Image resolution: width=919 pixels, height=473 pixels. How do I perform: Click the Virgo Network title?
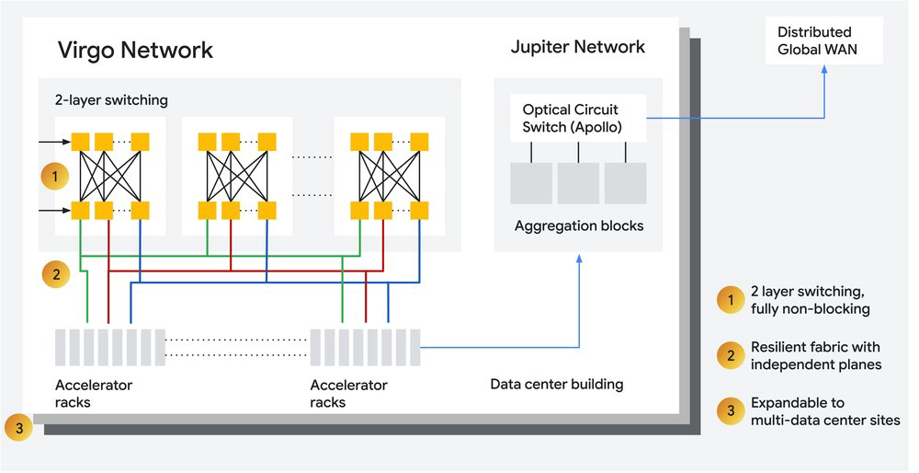135,51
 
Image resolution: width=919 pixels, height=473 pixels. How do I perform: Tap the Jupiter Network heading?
578,47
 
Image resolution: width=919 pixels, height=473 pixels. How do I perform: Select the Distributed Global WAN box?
823,40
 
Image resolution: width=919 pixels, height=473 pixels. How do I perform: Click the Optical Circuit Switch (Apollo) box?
578,118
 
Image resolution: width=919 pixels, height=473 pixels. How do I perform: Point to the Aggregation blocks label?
579,226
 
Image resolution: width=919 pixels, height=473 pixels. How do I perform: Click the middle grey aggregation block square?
578,183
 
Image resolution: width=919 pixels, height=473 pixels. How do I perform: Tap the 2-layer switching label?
111,99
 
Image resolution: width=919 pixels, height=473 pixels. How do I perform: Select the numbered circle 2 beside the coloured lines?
56,274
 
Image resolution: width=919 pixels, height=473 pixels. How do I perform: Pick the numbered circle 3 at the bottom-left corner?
18,428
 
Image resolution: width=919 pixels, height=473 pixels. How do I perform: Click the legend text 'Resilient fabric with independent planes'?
816,355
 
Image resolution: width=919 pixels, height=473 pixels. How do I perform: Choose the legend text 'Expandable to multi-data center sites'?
825,411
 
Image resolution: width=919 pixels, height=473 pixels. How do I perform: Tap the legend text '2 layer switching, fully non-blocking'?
810,300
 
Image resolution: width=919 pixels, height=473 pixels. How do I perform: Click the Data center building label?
557,385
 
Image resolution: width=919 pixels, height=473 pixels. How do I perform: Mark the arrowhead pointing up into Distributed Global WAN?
824,69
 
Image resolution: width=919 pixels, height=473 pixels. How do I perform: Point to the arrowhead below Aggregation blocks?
579,259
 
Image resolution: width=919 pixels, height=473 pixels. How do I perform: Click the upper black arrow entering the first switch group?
54,142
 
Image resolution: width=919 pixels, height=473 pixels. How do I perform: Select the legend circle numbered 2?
731,355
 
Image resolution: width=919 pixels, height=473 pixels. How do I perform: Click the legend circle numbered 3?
731,410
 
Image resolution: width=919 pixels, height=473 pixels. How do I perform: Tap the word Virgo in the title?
84,51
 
